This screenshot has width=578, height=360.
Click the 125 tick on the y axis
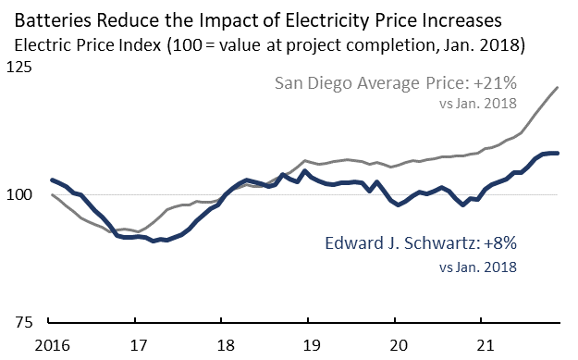tap(19, 68)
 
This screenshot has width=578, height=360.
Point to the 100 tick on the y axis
tap(19, 195)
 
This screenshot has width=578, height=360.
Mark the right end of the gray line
tap(558, 88)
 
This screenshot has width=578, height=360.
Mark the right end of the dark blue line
tap(558, 153)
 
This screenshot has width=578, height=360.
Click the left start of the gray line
tap(51, 195)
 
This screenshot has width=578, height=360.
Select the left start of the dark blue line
tap(51, 180)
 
